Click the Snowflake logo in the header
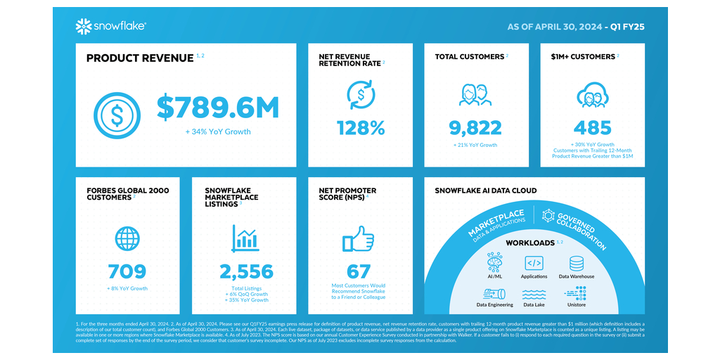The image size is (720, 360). (110, 27)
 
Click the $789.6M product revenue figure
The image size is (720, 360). (218, 108)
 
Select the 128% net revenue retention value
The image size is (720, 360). (361, 128)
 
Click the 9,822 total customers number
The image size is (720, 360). (476, 128)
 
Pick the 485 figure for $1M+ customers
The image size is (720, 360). (593, 128)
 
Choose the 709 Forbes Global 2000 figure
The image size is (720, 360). (127, 271)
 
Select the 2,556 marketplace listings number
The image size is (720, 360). (244, 271)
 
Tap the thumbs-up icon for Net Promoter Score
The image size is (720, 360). (359, 239)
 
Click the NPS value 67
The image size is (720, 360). (360, 271)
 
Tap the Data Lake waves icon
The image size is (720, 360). (534, 293)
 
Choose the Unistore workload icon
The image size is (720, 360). (577, 292)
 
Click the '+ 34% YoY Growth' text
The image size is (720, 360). (218, 131)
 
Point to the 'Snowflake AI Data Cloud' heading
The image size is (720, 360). (486, 191)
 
